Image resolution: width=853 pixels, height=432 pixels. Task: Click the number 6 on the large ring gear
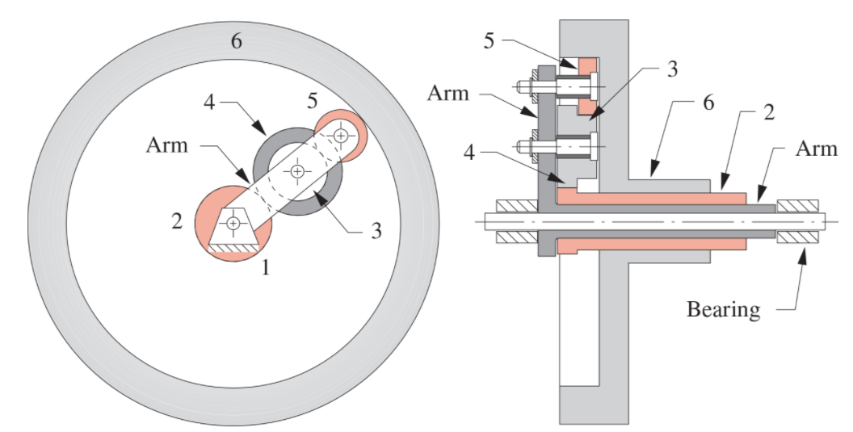[236, 41]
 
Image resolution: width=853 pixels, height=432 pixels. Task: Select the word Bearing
[723, 309]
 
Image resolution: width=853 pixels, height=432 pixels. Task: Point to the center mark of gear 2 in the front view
[233, 223]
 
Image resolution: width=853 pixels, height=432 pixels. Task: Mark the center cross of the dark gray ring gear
[297, 171]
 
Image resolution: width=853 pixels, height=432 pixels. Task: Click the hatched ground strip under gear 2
[233, 250]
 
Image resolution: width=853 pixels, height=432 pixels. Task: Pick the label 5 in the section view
[489, 41]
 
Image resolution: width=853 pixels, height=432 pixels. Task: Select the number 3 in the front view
[375, 230]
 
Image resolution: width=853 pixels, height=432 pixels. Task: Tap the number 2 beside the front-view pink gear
[177, 220]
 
